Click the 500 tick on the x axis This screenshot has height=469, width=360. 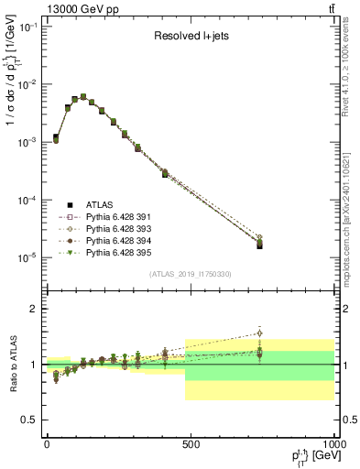190,443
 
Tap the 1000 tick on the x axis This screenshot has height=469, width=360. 333,443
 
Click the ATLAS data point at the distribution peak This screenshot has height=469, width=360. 83,96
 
